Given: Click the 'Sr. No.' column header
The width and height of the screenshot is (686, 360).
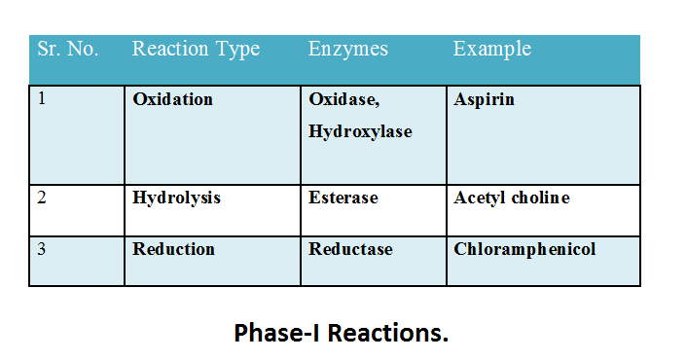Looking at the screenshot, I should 67,49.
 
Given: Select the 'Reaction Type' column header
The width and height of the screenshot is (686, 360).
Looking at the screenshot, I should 196,49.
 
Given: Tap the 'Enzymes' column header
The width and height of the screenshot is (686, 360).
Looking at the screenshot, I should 348,49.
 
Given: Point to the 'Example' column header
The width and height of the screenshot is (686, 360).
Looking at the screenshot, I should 492,49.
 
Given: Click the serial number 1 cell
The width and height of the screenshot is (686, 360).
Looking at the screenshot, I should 42,100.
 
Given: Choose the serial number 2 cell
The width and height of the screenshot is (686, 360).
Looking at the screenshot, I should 42,198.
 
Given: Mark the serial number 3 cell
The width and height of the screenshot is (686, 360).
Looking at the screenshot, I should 42,249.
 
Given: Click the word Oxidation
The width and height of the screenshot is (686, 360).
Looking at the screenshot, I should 173,100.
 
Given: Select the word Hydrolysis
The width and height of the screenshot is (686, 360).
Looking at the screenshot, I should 177,198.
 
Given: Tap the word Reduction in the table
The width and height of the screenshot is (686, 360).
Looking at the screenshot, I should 174,249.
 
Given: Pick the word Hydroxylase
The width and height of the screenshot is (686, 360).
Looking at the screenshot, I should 360,131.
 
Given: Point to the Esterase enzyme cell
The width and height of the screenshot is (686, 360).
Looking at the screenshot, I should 343,198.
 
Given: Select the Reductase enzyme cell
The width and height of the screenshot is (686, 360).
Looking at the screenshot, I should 351,249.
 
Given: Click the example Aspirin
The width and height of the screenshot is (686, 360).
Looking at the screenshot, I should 485,100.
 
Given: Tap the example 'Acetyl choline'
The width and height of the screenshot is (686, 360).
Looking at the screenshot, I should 512,198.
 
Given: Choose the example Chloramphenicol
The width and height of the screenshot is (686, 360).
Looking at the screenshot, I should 525,249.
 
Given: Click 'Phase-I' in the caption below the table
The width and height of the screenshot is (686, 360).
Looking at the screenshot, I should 276,333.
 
